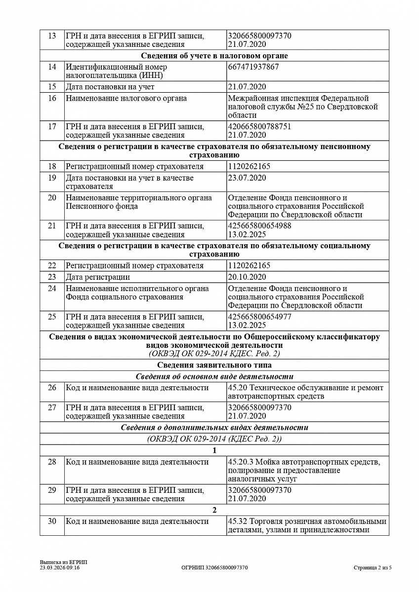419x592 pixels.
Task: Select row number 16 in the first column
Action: coord(52,98)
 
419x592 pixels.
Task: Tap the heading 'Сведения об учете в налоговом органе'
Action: coord(214,56)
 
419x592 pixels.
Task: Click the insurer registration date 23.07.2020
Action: coord(247,178)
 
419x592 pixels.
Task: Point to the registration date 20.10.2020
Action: coord(247,277)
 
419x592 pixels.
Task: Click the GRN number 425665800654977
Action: coord(259,317)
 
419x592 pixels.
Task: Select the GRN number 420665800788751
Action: coord(259,126)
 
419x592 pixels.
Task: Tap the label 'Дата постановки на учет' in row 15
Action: coord(110,87)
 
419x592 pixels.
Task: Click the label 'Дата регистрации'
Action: coord(98,277)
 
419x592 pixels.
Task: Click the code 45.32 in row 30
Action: coord(238,521)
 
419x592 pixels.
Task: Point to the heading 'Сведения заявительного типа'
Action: coord(214,365)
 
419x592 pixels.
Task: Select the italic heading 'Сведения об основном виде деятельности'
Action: coord(214,376)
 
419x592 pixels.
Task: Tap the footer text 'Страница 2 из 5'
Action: coord(373,568)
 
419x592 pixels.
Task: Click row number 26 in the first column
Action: coord(52,388)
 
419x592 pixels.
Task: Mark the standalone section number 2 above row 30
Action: coord(214,510)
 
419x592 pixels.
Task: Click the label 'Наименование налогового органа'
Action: coord(126,98)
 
